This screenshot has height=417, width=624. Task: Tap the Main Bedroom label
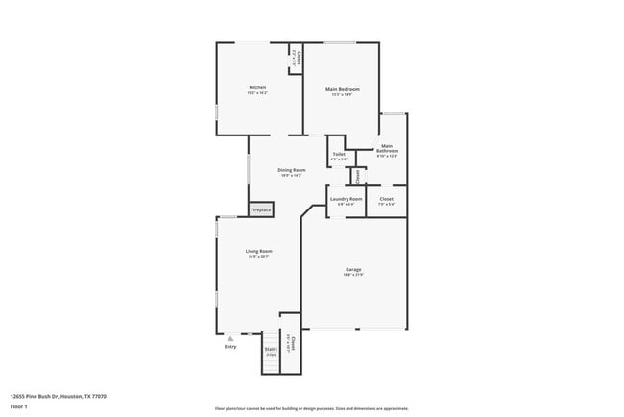pyautogui.click(x=343, y=88)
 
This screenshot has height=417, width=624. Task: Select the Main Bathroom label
pyautogui.click(x=387, y=150)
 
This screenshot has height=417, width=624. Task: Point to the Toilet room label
pyautogui.click(x=339, y=154)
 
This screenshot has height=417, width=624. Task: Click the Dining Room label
pyautogui.click(x=292, y=170)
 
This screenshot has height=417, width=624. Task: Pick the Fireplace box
pyautogui.click(x=261, y=209)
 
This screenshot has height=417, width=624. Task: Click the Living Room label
pyautogui.click(x=259, y=251)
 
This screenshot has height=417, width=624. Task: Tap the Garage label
pyautogui.click(x=353, y=270)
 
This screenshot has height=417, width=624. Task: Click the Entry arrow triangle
pyautogui.click(x=230, y=338)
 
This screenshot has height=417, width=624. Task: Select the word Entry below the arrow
pyautogui.click(x=230, y=347)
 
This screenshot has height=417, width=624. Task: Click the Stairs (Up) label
pyautogui.click(x=271, y=353)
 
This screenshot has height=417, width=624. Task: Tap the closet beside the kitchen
pyautogui.click(x=297, y=59)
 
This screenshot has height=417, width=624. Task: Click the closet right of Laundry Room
pyautogui.click(x=386, y=200)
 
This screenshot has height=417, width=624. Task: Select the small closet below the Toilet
pyautogui.click(x=358, y=176)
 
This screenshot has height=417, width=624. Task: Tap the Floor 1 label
pyautogui.click(x=19, y=406)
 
